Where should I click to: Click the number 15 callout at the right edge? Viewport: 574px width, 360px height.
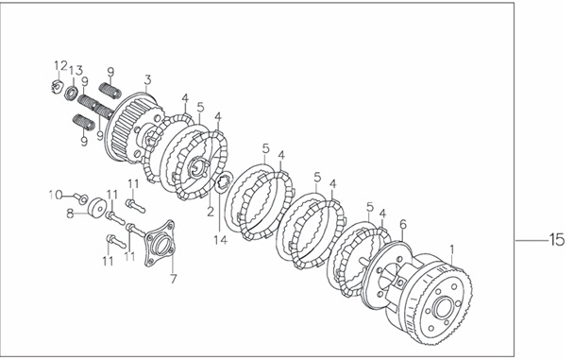click(x=556, y=239)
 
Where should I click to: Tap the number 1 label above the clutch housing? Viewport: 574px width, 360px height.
click(x=451, y=249)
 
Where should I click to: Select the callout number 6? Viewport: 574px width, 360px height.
click(x=403, y=224)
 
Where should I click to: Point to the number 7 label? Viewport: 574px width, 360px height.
click(x=173, y=279)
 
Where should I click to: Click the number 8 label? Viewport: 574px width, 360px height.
click(x=70, y=213)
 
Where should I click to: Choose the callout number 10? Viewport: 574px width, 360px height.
click(x=56, y=195)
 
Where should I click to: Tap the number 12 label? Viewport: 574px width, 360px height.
click(x=60, y=65)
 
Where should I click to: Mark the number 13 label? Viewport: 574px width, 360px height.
click(x=76, y=70)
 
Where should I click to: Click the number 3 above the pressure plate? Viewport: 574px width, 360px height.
click(x=147, y=79)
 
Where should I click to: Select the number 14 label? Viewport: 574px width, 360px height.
click(x=221, y=240)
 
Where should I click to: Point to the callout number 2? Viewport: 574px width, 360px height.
click(x=210, y=212)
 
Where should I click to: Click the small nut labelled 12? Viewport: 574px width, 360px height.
click(x=56, y=86)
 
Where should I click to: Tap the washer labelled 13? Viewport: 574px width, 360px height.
click(x=70, y=93)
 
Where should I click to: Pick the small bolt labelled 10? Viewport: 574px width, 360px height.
click(x=82, y=198)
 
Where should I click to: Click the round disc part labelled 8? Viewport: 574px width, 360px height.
click(x=97, y=207)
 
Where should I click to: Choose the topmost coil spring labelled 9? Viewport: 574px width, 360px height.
click(x=110, y=90)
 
